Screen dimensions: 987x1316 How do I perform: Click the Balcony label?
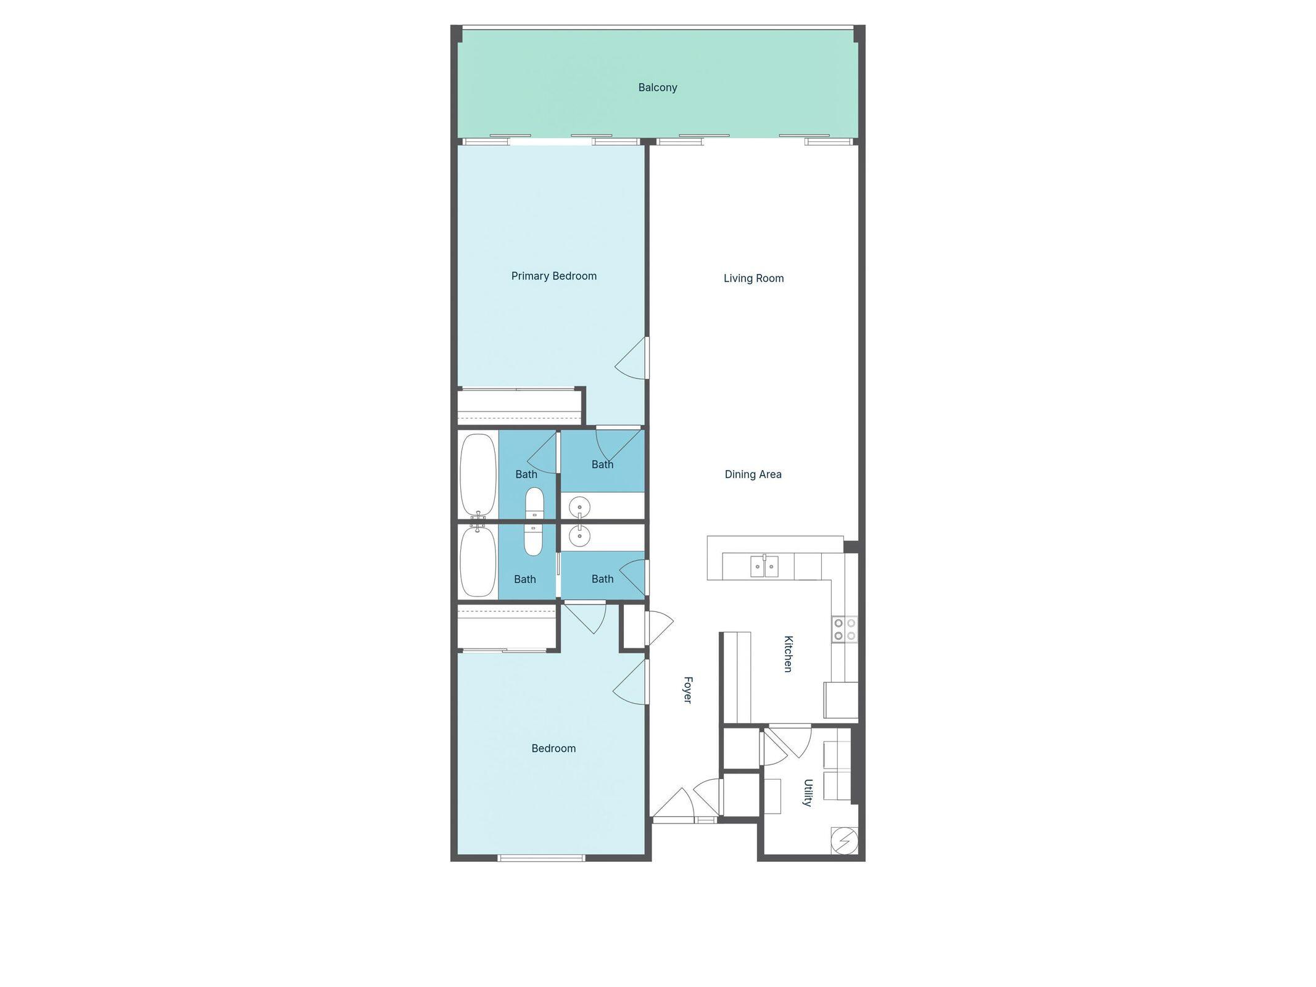[x=657, y=88]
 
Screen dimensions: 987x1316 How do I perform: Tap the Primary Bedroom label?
[x=553, y=276]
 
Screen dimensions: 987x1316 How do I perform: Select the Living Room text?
[x=753, y=278]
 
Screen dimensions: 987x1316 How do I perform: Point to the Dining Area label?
[x=753, y=474]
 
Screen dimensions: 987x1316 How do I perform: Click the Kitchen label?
[x=788, y=653]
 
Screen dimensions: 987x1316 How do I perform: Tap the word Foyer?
[x=687, y=690]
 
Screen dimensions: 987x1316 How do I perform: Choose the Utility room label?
[x=808, y=793]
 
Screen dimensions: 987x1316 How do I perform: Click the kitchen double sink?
[x=764, y=566]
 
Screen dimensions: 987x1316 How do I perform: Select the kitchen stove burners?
[x=844, y=629]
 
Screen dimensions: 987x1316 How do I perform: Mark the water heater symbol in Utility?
[x=843, y=840]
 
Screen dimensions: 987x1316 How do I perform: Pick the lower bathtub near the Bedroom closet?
[x=478, y=561]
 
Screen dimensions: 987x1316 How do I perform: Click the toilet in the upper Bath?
[x=534, y=503]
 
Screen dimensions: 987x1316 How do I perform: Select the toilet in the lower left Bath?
[x=533, y=539]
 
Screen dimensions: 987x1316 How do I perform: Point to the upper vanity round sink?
[x=580, y=508]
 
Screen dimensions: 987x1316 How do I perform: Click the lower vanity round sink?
[x=580, y=536]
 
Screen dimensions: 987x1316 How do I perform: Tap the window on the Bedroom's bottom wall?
[x=541, y=857]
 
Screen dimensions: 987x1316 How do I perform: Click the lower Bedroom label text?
[x=553, y=748]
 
